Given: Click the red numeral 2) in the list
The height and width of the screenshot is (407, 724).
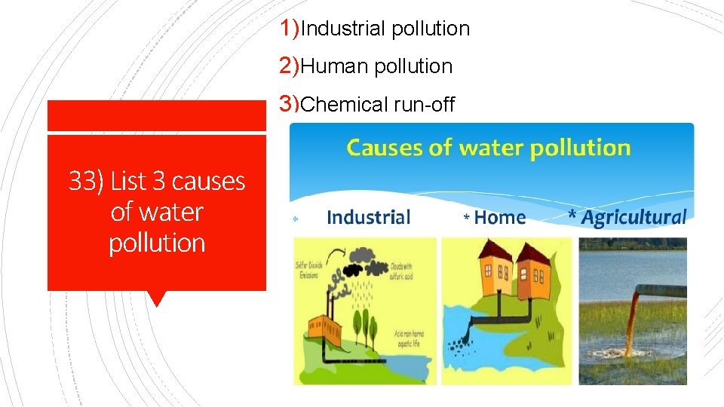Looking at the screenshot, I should pyautogui.click(x=290, y=66).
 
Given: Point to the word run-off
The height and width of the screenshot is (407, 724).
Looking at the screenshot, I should pyautogui.click(x=424, y=105).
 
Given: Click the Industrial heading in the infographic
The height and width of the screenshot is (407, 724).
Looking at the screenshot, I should pyautogui.click(x=368, y=218).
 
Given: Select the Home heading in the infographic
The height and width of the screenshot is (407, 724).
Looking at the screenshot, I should pyautogui.click(x=499, y=218).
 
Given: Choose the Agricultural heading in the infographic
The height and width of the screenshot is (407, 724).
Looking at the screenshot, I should pyautogui.click(x=633, y=218).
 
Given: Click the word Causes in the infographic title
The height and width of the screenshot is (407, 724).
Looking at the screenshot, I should pyautogui.click(x=384, y=148).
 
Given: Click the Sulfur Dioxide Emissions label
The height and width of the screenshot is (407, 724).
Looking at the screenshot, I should pyautogui.click(x=306, y=271).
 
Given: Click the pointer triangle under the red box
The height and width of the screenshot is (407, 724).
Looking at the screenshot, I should pyautogui.click(x=157, y=298).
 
